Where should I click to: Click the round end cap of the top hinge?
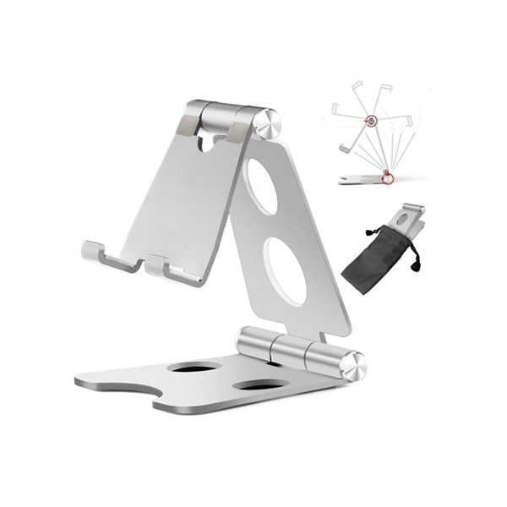click(x=269, y=123)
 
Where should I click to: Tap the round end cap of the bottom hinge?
click(x=354, y=365)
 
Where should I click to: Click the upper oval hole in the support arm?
click(x=262, y=186)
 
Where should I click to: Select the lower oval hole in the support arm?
click(x=287, y=270)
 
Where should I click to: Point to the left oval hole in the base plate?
click(x=194, y=367)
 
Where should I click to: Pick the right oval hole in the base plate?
click(x=259, y=384)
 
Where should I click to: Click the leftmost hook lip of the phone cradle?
click(x=93, y=252)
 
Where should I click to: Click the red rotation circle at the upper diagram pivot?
click(x=370, y=121)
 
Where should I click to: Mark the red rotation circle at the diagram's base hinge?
click(x=387, y=177)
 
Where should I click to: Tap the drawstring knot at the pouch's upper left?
click(x=370, y=231)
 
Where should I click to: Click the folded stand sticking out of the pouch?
click(x=412, y=217)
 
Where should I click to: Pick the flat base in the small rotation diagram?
click(x=361, y=179)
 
